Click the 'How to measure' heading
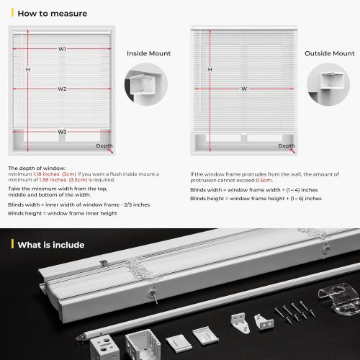(52, 13)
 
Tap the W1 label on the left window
(63, 49)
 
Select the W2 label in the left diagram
(63, 89)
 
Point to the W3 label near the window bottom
(63, 132)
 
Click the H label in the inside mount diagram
(27, 69)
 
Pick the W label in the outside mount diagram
(244, 89)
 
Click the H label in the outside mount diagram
(210, 69)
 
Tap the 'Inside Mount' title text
(149, 53)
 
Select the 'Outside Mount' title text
(329, 53)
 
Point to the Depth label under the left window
(104, 145)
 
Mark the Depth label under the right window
(287, 145)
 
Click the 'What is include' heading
(50, 245)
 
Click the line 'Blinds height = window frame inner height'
(63, 213)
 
